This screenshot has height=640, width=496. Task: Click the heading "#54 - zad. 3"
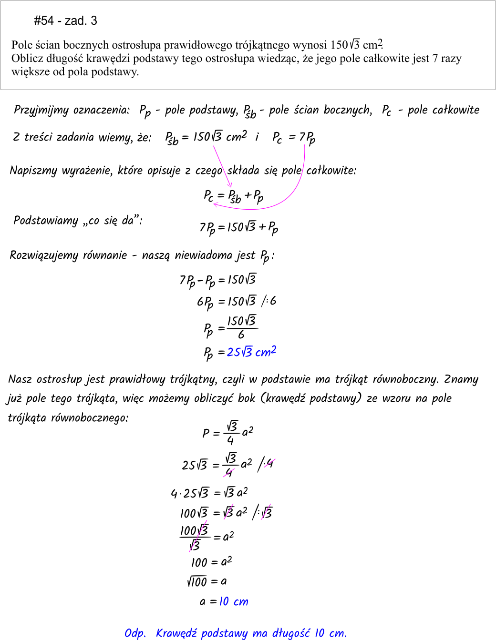pos(65,20)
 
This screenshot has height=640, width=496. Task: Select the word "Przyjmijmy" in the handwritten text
pos(41,111)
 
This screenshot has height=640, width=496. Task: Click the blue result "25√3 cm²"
pos(251,352)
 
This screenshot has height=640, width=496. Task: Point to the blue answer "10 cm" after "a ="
pos(234,601)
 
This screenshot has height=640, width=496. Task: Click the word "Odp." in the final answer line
pos(135,633)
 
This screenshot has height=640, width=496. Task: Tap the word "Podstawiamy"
pos(46,220)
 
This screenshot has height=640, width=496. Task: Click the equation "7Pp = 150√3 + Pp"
pos(238,227)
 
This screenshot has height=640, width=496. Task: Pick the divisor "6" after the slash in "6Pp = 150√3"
pos(273,301)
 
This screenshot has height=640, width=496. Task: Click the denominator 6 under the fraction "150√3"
pos(241,335)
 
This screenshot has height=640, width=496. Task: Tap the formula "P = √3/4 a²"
pos(227,432)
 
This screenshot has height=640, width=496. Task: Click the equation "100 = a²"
pos(211,562)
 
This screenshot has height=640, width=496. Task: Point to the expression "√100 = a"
pos(207,581)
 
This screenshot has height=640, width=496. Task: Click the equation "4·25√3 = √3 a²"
pos(209,492)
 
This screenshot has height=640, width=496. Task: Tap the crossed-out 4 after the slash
pos(270,463)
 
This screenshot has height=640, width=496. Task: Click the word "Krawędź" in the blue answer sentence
pos(176,633)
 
